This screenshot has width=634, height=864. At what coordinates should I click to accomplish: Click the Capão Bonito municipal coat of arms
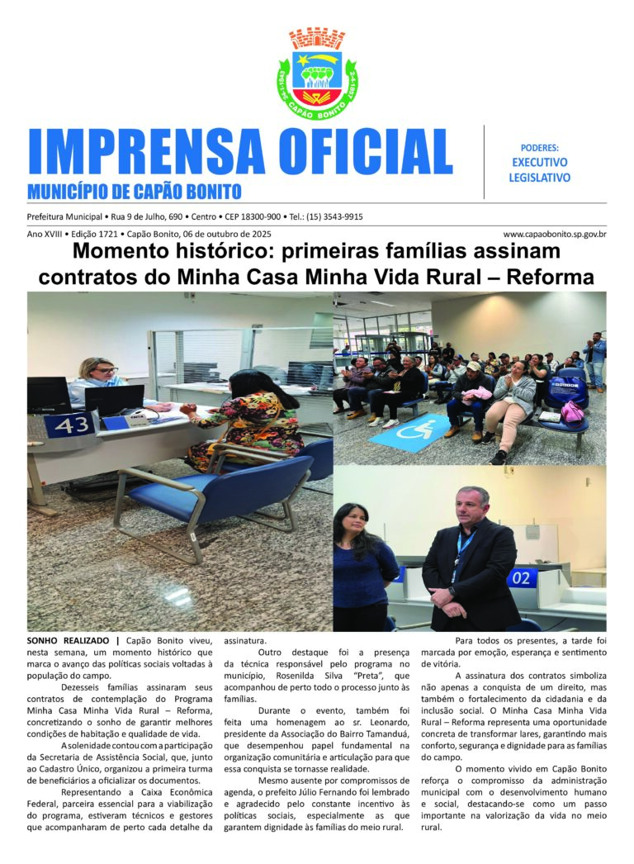(x=317, y=74)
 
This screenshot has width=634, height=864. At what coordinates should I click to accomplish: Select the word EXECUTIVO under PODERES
(x=539, y=163)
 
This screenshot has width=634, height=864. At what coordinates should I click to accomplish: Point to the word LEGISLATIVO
(x=539, y=178)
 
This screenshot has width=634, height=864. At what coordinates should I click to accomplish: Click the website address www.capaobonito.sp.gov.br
(x=554, y=235)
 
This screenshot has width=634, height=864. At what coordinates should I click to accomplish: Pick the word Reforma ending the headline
(x=548, y=276)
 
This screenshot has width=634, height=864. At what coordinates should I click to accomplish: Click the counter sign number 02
(x=521, y=578)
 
